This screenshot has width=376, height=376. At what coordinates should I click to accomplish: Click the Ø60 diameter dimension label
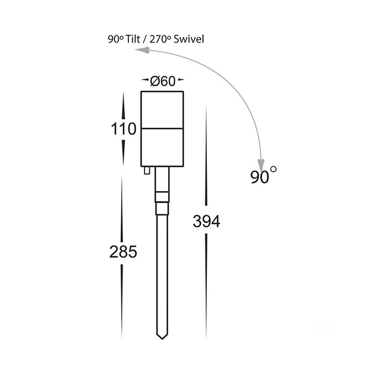point(163,81)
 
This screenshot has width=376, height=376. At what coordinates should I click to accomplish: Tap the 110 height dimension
point(124,129)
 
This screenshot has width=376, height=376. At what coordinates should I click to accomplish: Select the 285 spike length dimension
point(123,252)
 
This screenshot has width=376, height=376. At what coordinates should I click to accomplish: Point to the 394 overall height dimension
point(206,221)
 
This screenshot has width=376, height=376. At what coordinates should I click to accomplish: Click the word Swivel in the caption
point(189,39)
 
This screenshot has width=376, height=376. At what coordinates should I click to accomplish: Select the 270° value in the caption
point(160,39)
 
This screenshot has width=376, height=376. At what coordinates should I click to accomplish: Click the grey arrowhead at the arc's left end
point(142,50)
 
